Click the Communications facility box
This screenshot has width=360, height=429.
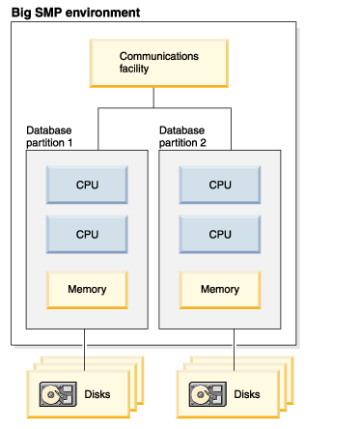[x=159, y=63]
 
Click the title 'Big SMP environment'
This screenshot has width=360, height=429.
[x=75, y=13]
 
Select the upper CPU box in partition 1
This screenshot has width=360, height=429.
[x=87, y=185]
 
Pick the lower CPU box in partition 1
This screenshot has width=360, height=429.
[x=87, y=234]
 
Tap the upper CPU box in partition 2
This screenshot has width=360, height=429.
[x=220, y=185]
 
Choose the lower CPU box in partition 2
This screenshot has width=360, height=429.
[x=220, y=234]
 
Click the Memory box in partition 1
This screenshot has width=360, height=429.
[x=87, y=290]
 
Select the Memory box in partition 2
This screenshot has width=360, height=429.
[x=220, y=290]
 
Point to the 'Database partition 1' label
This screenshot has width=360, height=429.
[x=49, y=136]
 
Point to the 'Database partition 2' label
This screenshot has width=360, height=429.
[x=182, y=136]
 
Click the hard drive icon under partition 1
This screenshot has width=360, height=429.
[x=58, y=394]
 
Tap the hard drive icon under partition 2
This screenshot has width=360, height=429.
[x=208, y=394]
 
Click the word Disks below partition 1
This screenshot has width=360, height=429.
[x=97, y=394]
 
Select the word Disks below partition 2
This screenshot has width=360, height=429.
[x=247, y=394]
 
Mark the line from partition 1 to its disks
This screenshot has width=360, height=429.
[x=85, y=350]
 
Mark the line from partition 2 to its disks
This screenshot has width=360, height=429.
[x=234, y=350]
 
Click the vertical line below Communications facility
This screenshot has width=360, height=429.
[x=153, y=98]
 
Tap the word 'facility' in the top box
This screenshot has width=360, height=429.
[x=134, y=69]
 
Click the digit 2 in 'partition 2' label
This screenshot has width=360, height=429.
[x=203, y=143]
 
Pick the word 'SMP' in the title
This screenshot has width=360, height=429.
[x=48, y=13]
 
